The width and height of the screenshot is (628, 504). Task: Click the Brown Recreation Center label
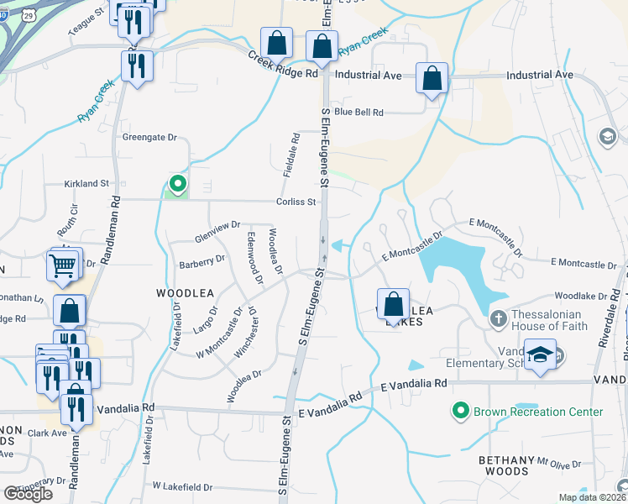click(538, 412)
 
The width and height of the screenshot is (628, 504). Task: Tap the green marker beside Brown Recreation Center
click(459, 412)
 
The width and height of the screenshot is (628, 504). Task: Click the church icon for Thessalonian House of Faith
click(497, 319)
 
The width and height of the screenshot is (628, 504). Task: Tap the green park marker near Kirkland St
click(177, 184)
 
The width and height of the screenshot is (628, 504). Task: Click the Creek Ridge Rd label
click(284, 65)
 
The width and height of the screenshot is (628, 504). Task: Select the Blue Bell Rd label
click(358, 112)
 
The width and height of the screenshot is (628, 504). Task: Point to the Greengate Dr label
click(150, 136)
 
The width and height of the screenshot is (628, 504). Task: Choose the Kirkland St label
click(87, 183)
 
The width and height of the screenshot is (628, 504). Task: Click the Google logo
click(28, 494)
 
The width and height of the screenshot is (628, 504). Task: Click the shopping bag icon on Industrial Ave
click(432, 79)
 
